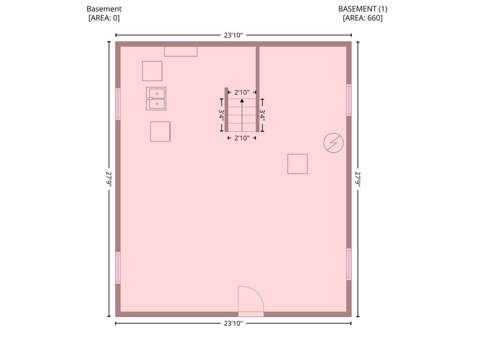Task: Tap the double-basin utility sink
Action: pyautogui.click(x=156, y=98)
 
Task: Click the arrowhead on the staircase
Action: pyautogui.click(x=242, y=100)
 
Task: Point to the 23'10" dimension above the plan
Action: pyautogui.click(x=233, y=35)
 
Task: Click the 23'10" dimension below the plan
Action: pyautogui.click(x=233, y=323)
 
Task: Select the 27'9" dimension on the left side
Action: pyautogui.click(x=109, y=179)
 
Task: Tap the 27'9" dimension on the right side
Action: pyautogui.click(x=358, y=179)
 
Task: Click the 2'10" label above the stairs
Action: pyautogui.click(x=242, y=92)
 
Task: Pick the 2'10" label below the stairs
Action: pyautogui.click(x=242, y=138)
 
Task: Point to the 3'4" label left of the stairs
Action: pyautogui.click(x=221, y=115)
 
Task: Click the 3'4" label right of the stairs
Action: pyautogui.click(x=262, y=115)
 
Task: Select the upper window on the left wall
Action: pyautogui.click(x=118, y=104)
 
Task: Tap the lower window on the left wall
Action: pyautogui.click(x=118, y=268)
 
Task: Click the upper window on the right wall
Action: pyautogui.click(x=349, y=100)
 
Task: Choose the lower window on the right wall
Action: pyautogui.click(x=349, y=264)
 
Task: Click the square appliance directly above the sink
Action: pyautogui.click(x=152, y=71)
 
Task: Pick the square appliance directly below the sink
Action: pyautogui.click(x=160, y=132)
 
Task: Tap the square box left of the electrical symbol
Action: pyautogui.click(x=298, y=164)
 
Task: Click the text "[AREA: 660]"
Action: pyautogui.click(x=363, y=18)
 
